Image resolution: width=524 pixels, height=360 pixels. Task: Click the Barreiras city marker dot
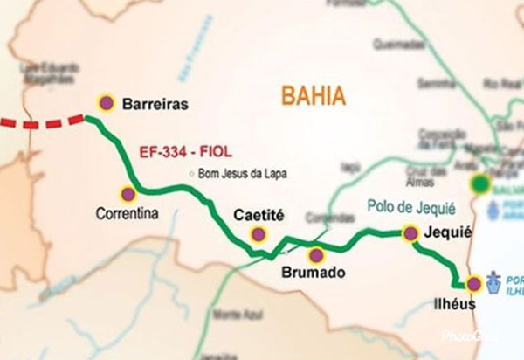tap(107, 103)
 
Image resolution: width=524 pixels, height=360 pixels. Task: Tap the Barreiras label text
tap(155, 104)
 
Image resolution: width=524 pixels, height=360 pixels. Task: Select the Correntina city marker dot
tap(128, 194)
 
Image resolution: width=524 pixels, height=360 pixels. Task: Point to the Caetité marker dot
tap(258, 233)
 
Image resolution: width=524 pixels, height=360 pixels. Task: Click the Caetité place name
tap(259, 214)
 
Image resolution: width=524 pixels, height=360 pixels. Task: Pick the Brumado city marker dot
tap(315, 255)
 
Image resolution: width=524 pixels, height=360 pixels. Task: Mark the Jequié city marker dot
tap(409, 232)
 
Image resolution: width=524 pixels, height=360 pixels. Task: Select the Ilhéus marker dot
tap(473, 284)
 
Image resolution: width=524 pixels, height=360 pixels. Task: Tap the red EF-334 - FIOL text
tap(184, 151)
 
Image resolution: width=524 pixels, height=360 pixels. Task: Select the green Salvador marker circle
tap(479, 183)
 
